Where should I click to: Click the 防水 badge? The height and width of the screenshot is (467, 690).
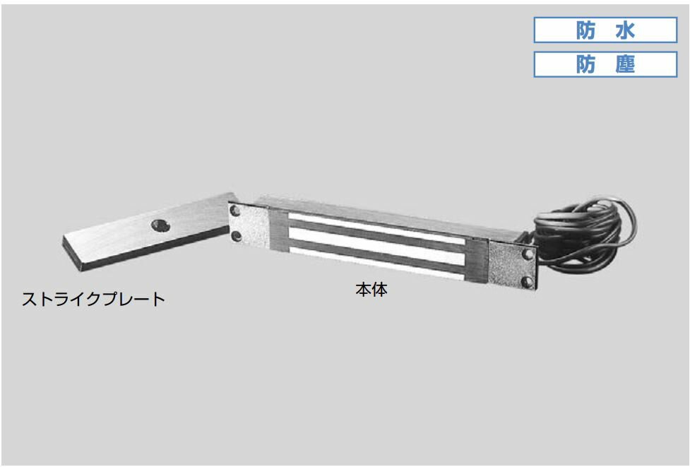coord(605,30)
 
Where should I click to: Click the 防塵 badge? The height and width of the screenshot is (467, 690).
coord(605,64)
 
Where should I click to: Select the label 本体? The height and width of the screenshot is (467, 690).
coord(371,290)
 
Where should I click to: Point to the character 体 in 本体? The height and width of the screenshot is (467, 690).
coord(380,290)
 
